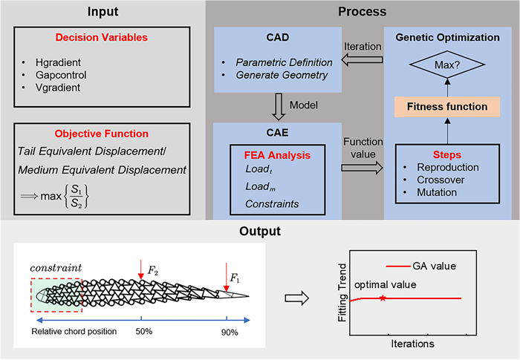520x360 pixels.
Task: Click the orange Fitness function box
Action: tap(446, 106)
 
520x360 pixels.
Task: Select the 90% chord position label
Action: tap(228, 331)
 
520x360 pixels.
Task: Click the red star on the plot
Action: tap(382, 298)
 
